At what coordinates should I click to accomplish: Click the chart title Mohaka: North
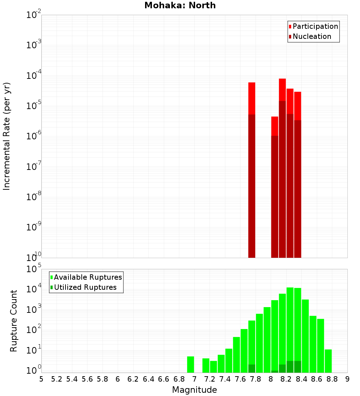point(180,5)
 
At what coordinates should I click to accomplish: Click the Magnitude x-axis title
point(194,390)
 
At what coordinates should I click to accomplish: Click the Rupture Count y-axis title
point(14,320)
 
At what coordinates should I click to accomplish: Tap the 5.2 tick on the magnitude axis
point(57,379)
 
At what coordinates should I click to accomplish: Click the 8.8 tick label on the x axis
point(332,379)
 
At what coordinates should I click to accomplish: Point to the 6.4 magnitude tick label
point(148,379)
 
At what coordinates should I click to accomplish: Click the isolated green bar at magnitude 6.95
point(191,364)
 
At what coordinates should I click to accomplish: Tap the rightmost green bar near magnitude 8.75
point(328,361)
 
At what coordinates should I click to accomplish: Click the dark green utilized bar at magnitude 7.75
point(252,368)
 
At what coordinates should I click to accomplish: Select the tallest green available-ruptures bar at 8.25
point(290,324)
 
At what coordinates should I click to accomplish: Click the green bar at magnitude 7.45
point(229,360)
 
